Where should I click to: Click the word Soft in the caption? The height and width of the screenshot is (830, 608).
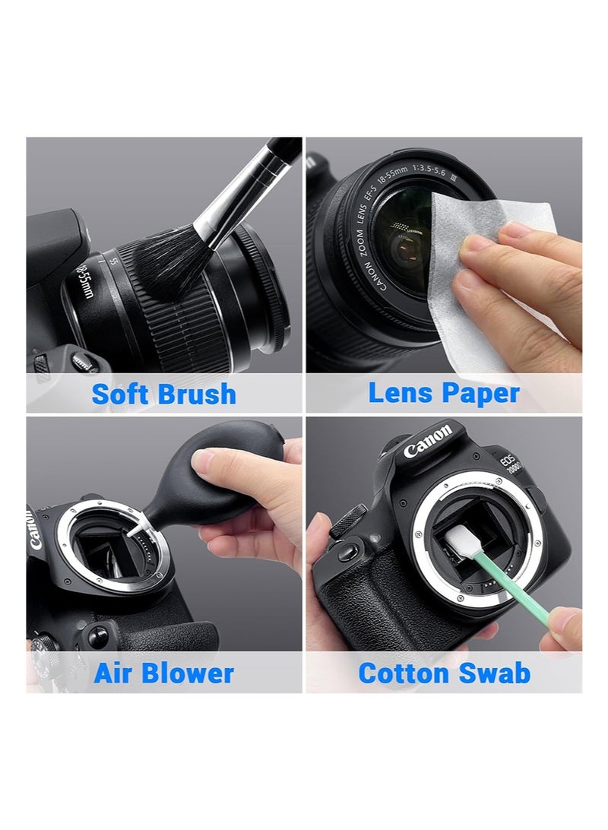point(122,394)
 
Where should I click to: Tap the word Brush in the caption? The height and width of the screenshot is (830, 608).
point(196,394)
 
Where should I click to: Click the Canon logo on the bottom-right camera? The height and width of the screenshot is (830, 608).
point(427,442)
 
